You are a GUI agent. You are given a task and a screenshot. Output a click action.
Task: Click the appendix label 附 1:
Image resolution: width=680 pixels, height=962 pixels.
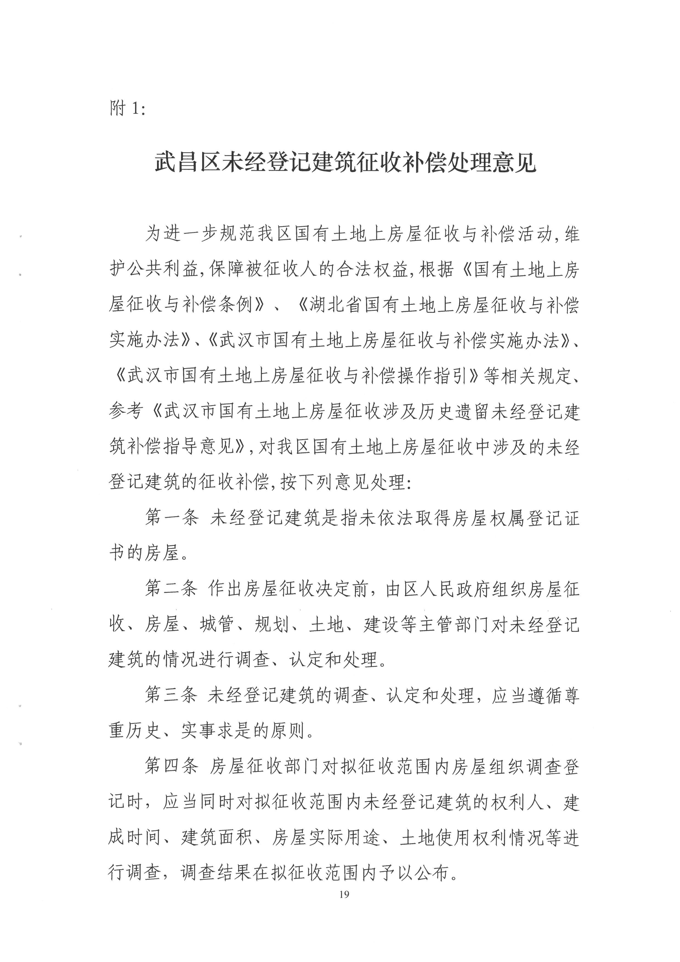(128, 109)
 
